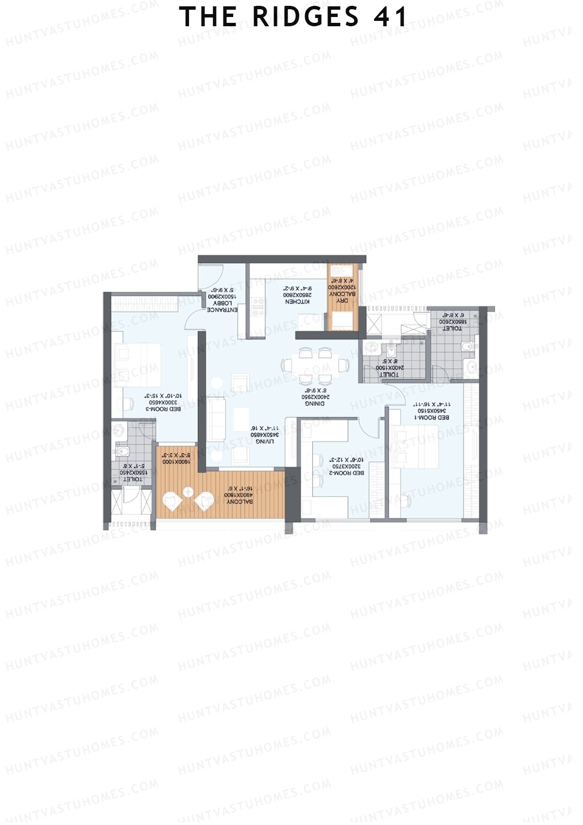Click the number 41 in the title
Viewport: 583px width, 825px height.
pyautogui.click(x=390, y=17)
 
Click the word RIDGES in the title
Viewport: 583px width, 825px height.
pyautogui.click(x=306, y=17)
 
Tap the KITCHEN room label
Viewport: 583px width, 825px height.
pyautogui.click(x=297, y=302)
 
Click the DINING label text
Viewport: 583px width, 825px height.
pyautogui.click(x=314, y=404)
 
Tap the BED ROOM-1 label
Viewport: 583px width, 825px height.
pyautogui.click(x=432, y=418)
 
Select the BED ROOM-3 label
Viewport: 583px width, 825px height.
pyautogui.click(x=163, y=409)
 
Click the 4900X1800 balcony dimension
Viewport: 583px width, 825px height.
pyautogui.click(x=239, y=495)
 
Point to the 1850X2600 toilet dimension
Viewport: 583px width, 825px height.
pyautogui.click(x=453, y=322)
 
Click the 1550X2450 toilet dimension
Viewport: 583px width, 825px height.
pyautogui.click(x=133, y=473)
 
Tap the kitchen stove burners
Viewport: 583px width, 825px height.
pyautogui.click(x=258, y=308)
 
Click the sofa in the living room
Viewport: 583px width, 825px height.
pyautogui.click(x=216, y=419)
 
